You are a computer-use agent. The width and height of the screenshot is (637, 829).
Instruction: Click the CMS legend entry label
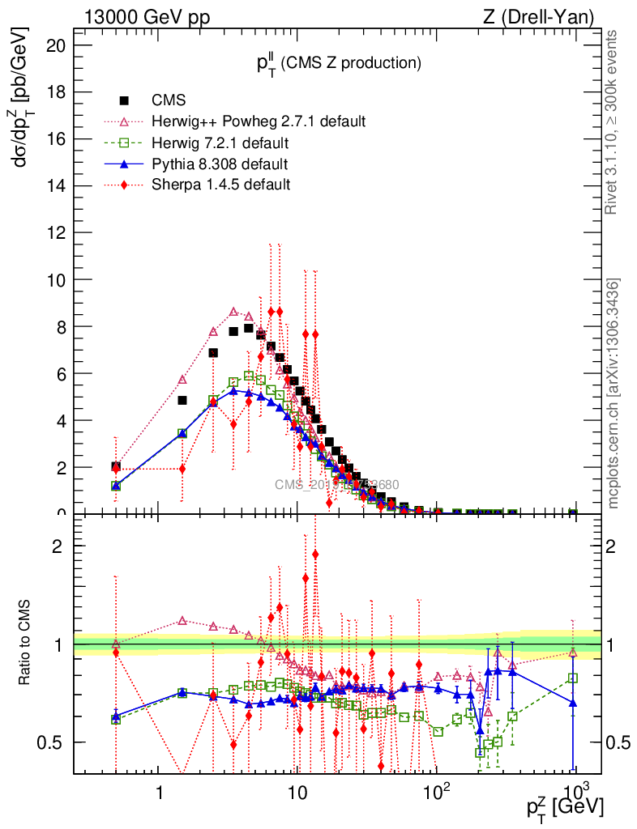[x=169, y=101]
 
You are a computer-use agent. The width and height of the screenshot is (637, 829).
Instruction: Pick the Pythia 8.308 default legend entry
[x=220, y=164]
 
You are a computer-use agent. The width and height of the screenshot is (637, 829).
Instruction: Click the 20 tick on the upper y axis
[x=55, y=45]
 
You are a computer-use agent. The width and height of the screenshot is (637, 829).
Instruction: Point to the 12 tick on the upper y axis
[x=55, y=233]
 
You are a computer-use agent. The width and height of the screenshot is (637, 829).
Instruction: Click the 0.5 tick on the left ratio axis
[x=54, y=742]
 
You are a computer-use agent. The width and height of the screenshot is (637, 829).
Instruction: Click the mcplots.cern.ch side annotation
[x=613, y=393]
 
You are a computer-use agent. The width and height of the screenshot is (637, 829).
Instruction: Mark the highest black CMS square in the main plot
[x=248, y=328]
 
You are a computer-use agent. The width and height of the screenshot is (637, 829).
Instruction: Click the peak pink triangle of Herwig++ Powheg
[x=233, y=312]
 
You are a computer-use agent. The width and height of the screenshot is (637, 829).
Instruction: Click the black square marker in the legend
[x=125, y=101]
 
